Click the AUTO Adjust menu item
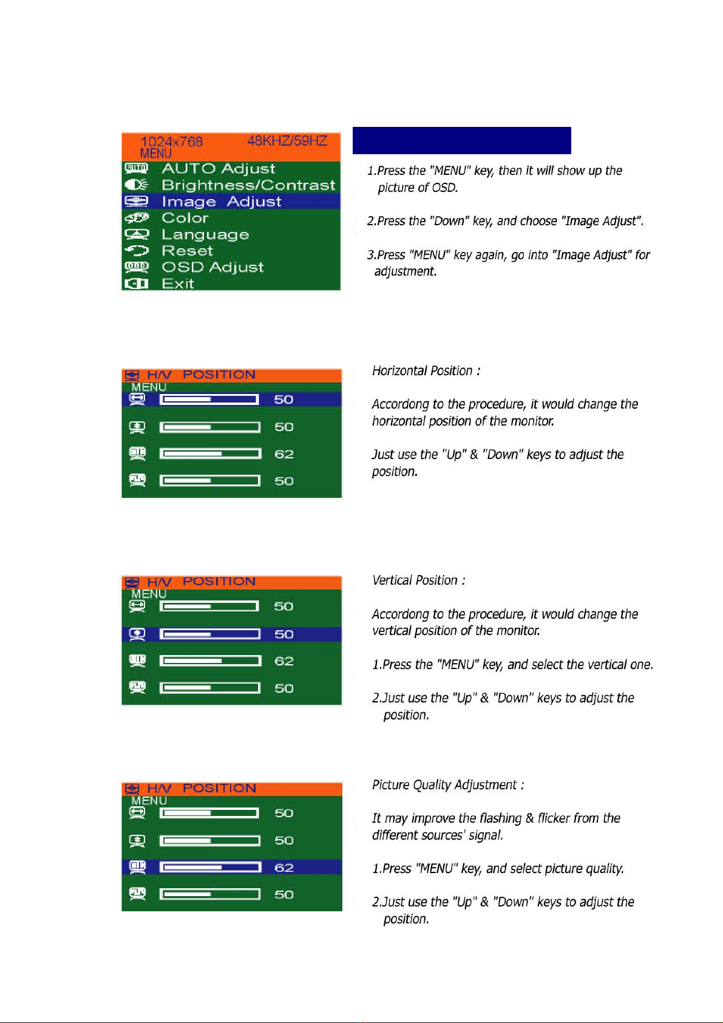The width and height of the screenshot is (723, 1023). (218, 169)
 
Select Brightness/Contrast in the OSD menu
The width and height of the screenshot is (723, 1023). (248, 185)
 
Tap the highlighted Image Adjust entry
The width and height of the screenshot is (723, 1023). (221, 202)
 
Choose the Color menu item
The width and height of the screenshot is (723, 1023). (185, 218)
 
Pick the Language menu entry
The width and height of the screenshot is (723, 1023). (205, 234)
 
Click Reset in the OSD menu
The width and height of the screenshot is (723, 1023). (187, 251)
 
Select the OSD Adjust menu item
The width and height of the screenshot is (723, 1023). (212, 267)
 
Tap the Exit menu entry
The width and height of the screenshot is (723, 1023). (177, 284)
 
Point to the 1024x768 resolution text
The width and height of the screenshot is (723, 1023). (171, 141)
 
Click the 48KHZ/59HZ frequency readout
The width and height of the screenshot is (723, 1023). (287, 141)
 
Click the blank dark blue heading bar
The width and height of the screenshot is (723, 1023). (461, 140)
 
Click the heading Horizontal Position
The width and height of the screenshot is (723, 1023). (426, 371)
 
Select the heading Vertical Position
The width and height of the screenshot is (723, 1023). (419, 580)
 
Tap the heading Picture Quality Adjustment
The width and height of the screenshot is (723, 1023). (448, 785)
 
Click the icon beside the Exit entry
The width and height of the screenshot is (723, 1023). (136, 284)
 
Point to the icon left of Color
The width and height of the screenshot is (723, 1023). (137, 218)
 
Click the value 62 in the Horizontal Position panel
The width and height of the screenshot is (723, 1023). (283, 454)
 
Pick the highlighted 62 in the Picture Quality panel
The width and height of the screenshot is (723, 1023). (283, 868)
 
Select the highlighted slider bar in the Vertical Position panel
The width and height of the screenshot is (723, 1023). (210, 634)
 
